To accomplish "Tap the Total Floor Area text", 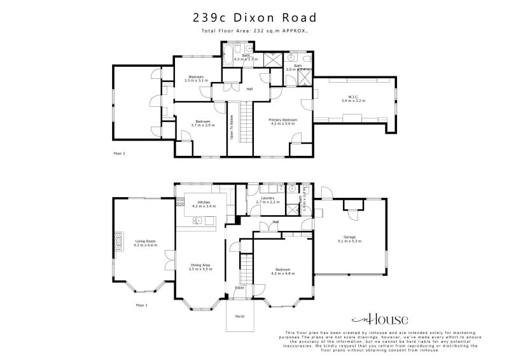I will click(x=254, y=31).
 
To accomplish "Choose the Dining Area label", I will click(x=200, y=267).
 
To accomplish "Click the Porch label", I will click(x=240, y=316).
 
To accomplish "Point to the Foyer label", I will click(x=240, y=287).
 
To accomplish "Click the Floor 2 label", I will click(x=119, y=153).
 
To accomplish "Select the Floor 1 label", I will click(x=141, y=305).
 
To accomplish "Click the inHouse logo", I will click(x=380, y=319).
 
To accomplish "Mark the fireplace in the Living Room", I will click(x=118, y=241).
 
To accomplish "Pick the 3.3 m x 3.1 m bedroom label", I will click(x=196, y=79).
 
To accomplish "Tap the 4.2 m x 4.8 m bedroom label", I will click(x=282, y=271).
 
